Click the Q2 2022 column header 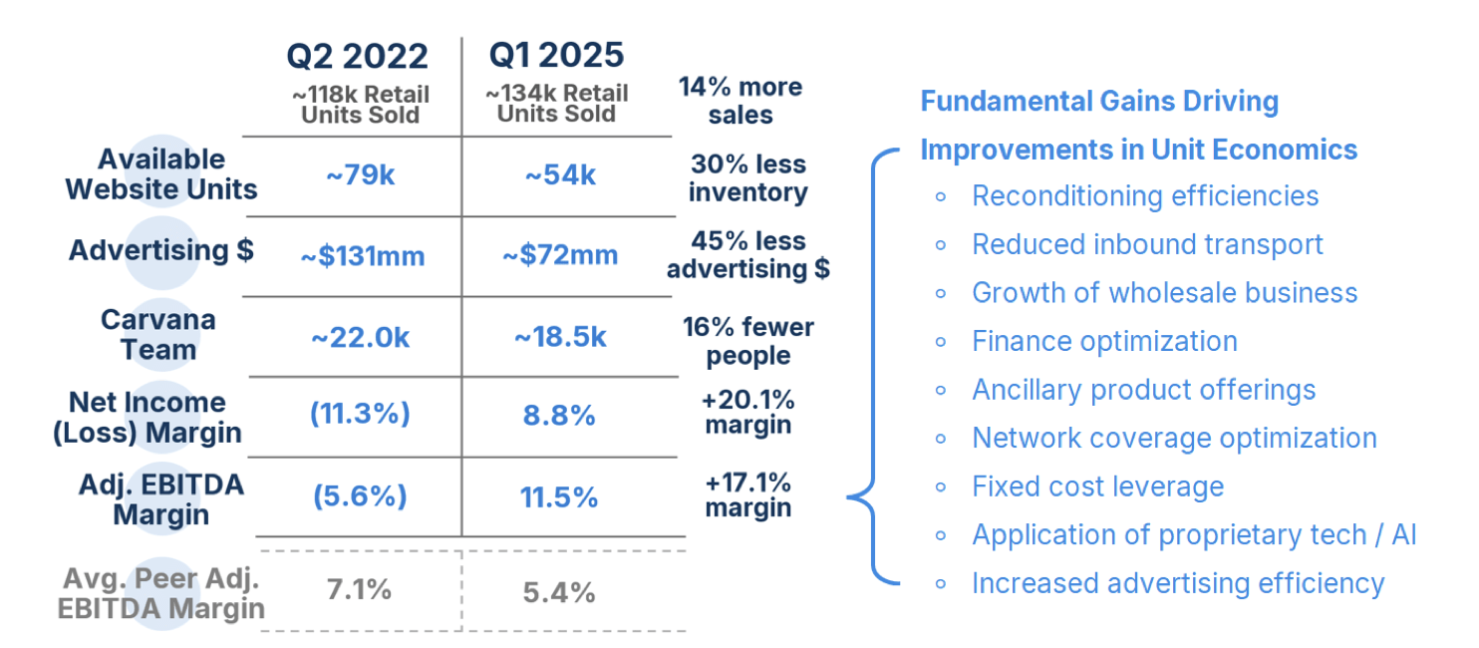[x=357, y=56]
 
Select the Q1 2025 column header [x=556, y=56]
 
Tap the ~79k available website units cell [x=361, y=175]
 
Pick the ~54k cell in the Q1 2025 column [x=560, y=175]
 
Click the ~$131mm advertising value [x=363, y=256]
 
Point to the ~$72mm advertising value [x=560, y=255]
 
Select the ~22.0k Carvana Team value [x=360, y=338]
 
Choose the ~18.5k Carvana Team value [x=560, y=338]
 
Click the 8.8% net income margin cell [x=559, y=415]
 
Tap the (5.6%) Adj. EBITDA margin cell [x=360, y=496]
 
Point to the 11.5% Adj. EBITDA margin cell [x=559, y=496]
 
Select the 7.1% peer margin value [x=359, y=589]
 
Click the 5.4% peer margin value [x=559, y=593]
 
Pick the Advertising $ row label [x=161, y=250]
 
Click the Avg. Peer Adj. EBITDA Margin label [x=161, y=593]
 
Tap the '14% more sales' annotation [x=740, y=101]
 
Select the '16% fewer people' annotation [x=748, y=341]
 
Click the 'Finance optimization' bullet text [x=1104, y=341]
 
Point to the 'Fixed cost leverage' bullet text [x=1097, y=486]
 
